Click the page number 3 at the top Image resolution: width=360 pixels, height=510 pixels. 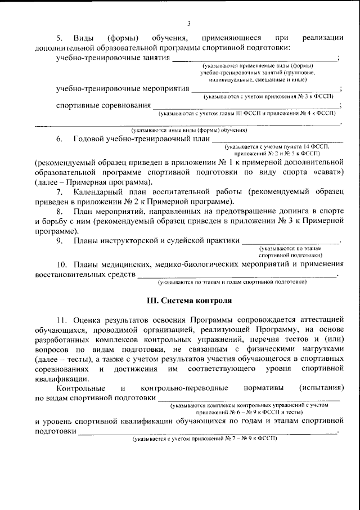click(189, 23)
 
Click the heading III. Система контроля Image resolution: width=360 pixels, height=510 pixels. click(189, 301)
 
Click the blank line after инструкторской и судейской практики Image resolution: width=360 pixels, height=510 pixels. click(290, 243)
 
